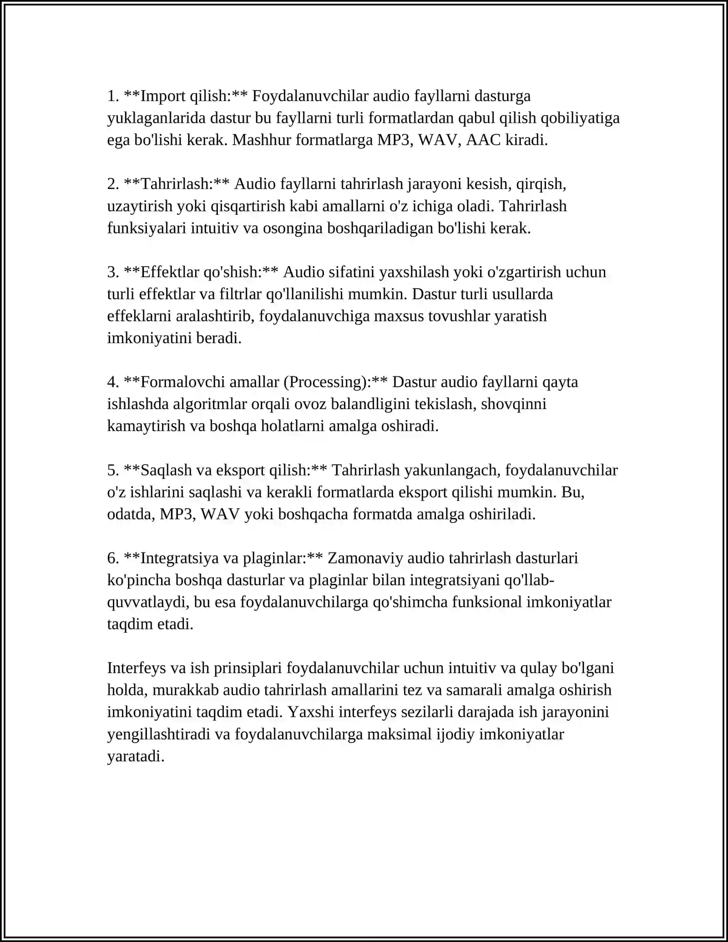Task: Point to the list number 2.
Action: point(112,184)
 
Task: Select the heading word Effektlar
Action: point(170,272)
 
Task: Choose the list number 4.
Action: point(112,382)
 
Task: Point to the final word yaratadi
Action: point(135,756)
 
